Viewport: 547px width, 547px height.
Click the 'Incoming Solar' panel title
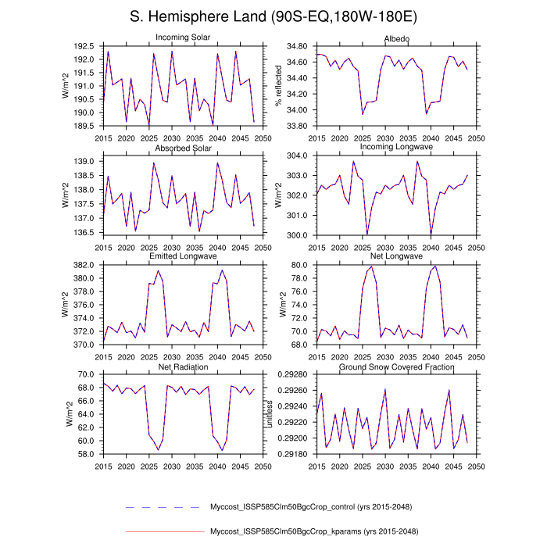coord(182,38)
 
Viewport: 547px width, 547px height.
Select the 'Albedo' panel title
coord(396,38)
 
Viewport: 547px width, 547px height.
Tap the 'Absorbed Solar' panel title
coord(182,148)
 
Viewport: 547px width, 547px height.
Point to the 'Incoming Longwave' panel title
coord(396,148)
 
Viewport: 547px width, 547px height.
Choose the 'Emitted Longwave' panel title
coord(182,256)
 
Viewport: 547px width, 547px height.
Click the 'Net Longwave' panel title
coord(396,256)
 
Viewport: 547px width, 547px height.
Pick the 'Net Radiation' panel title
coord(182,366)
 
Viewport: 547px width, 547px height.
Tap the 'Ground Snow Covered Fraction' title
coord(396,366)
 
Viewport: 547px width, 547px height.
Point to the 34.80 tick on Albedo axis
coord(298,46)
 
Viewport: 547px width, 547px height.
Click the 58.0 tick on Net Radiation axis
coord(88,453)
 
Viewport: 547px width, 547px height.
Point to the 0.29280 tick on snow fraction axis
coord(294,374)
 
